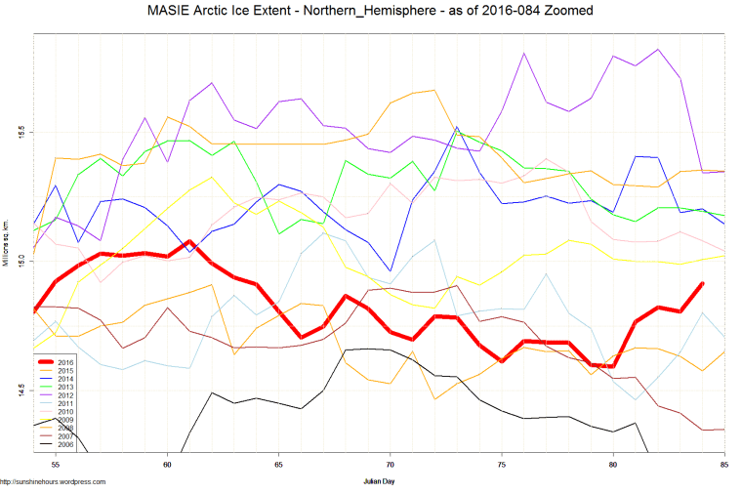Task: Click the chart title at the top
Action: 370,11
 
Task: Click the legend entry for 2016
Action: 65,363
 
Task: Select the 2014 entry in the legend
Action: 65,379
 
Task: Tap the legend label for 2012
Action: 65,394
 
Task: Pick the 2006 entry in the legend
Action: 65,443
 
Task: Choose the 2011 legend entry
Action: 65,403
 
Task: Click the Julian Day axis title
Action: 378,481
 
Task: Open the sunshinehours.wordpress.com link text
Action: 53,481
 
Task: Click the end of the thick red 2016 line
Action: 702,283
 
